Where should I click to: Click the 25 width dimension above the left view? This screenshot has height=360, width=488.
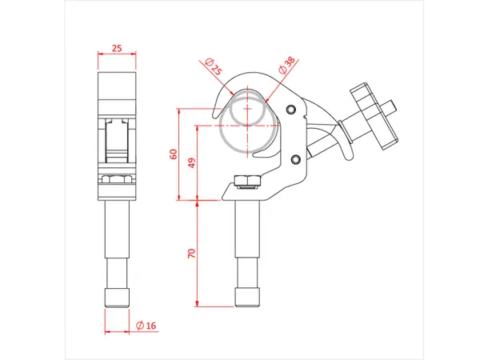(x=117, y=49)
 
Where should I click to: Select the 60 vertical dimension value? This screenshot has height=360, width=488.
(x=173, y=154)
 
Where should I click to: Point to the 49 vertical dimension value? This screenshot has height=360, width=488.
(x=192, y=163)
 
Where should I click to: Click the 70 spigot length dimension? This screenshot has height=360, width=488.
(x=192, y=254)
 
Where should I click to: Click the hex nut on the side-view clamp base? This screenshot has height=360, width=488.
(x=117, y=180)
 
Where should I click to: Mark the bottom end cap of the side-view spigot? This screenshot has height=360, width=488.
(x=117, y=298)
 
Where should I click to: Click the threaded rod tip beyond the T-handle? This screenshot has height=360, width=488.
(x=392, y=106)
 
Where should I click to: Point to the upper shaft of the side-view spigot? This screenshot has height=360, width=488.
(x=117, y=240)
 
